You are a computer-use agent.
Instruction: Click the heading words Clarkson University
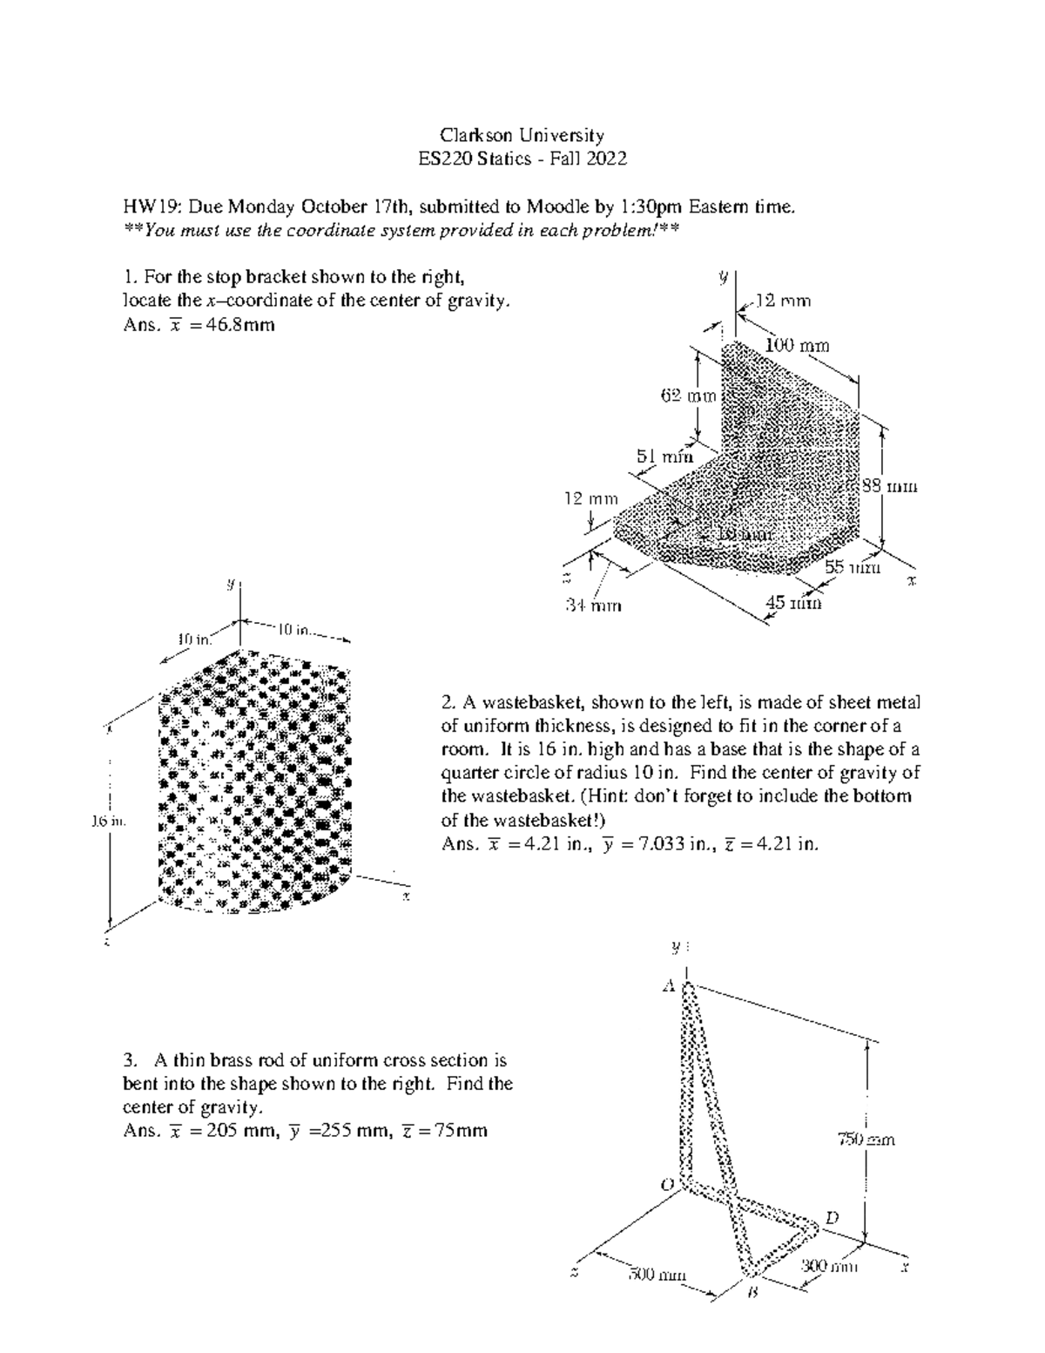(x=522, y=135)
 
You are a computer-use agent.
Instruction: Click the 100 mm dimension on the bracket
(x=797, y=346)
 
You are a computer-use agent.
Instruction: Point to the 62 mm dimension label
(x=687, y=396)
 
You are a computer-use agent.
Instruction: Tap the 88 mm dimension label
(x=889, y=487)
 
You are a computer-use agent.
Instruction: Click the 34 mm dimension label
(x=594, y=605)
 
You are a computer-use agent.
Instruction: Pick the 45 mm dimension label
(x=792, y=601)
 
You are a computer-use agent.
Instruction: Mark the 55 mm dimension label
(x=853, y=567)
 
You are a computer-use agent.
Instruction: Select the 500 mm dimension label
(x=657, y=1276)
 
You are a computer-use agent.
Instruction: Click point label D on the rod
(x=832, y=1217)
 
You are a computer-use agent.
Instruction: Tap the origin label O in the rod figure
(x=668, y=1185)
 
